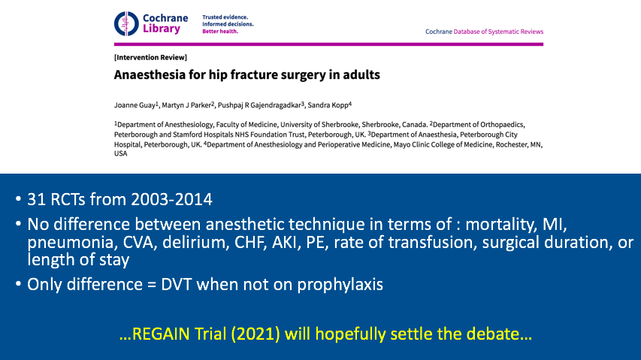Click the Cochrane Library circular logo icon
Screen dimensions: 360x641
coord(125,23)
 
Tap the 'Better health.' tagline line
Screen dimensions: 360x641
coord(222,32)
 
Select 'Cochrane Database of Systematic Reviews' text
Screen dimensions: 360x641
coord(484,32)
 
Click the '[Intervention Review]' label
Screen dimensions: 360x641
coord(150,58)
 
